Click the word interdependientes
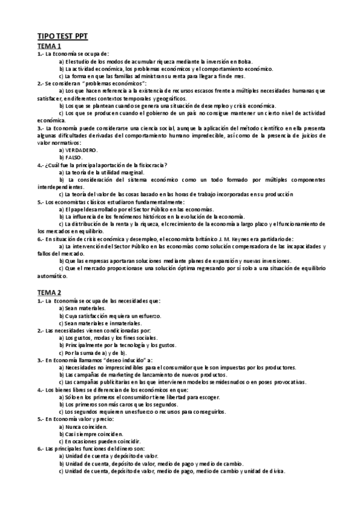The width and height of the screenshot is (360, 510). pos(61,187)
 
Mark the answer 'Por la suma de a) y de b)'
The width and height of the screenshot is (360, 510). pos(94,352)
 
